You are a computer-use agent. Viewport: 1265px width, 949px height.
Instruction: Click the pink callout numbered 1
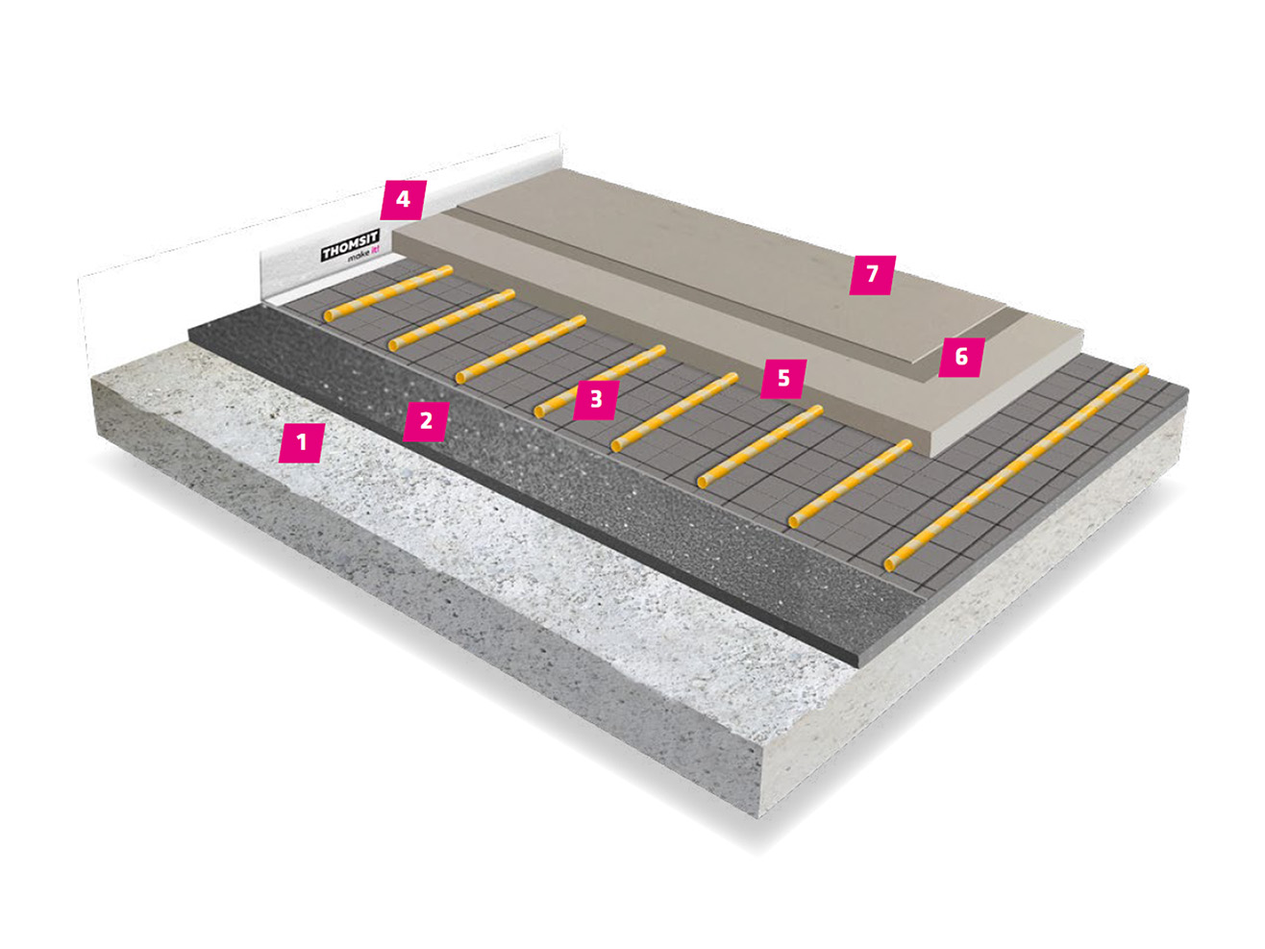pyautogui.click(x=301, y=442)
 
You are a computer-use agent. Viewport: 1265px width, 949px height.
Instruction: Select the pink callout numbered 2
pyautogui.click(x=426, y=420)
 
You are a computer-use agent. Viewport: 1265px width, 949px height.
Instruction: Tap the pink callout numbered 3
pyautogui.click(x=596, y=399)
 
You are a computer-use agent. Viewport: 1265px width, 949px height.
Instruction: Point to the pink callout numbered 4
pyautogui.click(x=403, y=200)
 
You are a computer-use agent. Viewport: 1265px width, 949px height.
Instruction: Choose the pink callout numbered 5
pyautogui.click(x=783, y=379)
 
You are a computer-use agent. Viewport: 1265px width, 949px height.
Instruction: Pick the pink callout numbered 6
pyautogui.click(x=961, y=358)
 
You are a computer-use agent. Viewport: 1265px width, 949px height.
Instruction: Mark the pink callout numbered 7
pyautogui.click(x=872, y=275)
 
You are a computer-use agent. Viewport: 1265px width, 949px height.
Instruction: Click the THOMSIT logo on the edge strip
pyautogui.click(x=350, y=245)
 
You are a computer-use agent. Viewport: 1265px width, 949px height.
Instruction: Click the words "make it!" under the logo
pyautogui.click(x=362, y=257)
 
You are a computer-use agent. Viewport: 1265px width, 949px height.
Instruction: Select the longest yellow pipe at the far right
pyautogui.click(x=1016, y=468)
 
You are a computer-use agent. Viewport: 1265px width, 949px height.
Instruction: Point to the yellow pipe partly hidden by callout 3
pyautogui.click(x=600, y=382)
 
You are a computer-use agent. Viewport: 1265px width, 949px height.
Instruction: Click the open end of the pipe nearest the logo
pyautogui.click(x=329, y=315)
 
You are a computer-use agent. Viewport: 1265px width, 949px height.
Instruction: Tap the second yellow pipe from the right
pyautogui.click(x=850, y=485)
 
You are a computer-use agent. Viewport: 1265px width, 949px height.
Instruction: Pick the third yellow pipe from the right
pyautogui.click(x=760, y=447)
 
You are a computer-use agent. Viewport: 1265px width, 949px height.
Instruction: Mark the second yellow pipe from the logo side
pyautogui.click(x=451, y=320)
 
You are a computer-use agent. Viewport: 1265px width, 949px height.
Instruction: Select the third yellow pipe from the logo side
pyautogui.click(x=520, y=349)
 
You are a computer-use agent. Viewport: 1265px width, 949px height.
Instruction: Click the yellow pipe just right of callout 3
pyautogui.click(x=674, y=412)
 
